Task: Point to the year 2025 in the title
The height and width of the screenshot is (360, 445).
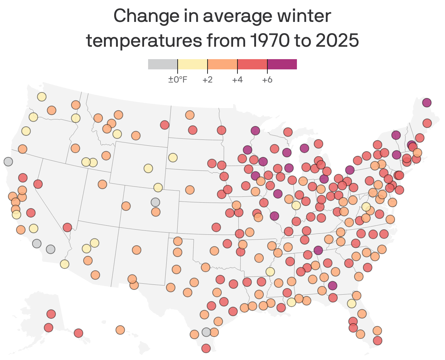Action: (337, 41)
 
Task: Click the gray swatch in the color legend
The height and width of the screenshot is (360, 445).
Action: (163, 64)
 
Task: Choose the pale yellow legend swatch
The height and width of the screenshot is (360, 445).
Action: (193, 64)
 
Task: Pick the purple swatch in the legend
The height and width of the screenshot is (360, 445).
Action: (282, 64)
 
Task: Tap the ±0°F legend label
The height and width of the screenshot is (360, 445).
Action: (178, 80)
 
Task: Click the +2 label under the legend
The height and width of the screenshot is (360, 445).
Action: (207, 80)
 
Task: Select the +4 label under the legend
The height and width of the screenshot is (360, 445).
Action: (237, 80)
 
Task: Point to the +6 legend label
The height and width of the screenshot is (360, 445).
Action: (267, 80)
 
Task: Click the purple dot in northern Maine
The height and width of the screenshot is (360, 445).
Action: (427, 103)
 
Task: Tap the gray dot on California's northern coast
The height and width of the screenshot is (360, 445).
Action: (8, 161)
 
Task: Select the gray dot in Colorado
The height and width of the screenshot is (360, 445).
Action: (155, 202)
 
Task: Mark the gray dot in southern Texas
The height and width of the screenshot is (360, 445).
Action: (206, 332)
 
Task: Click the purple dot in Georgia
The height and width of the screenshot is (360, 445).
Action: (332, 286)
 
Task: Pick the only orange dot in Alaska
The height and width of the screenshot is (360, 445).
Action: (120, 330)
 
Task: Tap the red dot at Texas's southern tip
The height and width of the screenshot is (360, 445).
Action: (206, 348)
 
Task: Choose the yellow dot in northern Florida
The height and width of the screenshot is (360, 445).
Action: (352, 303)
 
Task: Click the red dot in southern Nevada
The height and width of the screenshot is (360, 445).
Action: (67, 227)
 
